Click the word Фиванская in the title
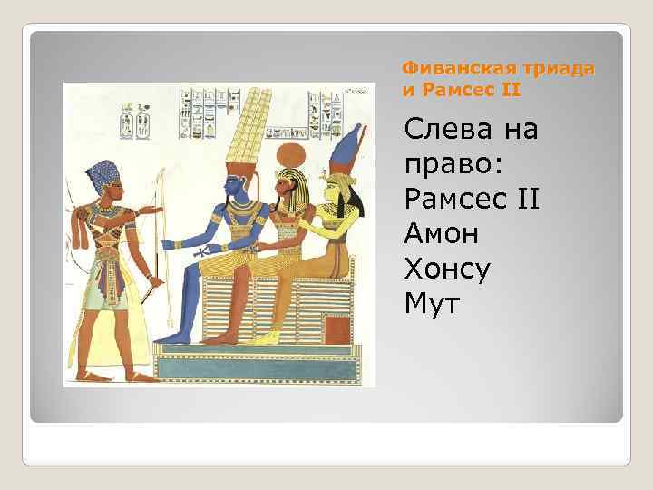(444, 69)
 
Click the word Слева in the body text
(450, 130)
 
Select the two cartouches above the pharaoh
(135, 119)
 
